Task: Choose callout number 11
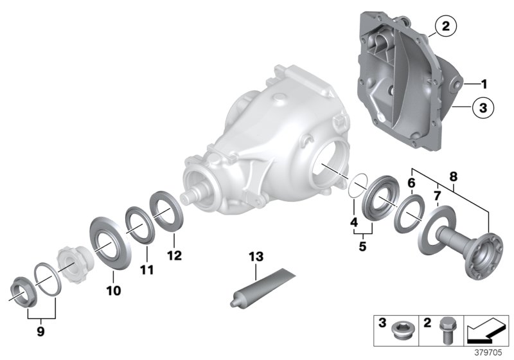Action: [147, 270]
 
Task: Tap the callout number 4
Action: [353, 223]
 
